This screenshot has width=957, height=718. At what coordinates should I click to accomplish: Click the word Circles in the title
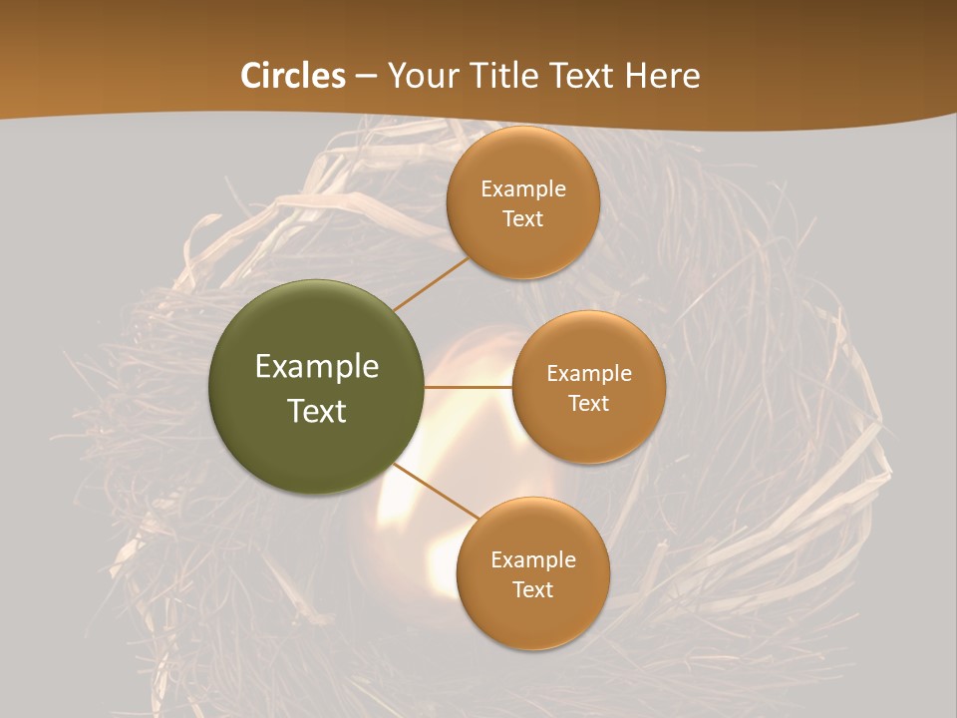(x=292, y=76)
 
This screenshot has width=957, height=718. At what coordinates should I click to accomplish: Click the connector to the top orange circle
(x=431, y=284)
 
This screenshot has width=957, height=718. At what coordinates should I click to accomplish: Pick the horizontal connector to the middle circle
(x=468, y=387)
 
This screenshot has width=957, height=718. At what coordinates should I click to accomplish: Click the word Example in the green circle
(x=317, y=367)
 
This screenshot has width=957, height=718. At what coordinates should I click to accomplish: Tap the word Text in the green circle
(x=317, y=411)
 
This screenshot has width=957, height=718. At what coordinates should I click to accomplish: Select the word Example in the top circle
(x=523, y=189)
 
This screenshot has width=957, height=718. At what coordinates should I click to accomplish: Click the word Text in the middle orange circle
(x=588, y=404)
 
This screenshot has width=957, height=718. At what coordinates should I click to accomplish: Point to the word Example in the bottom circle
(x=533, y=560)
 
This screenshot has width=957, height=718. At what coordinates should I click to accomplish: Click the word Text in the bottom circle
(x=532, y=590)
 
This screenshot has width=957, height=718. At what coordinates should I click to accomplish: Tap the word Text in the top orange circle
(x=522, y=219)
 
